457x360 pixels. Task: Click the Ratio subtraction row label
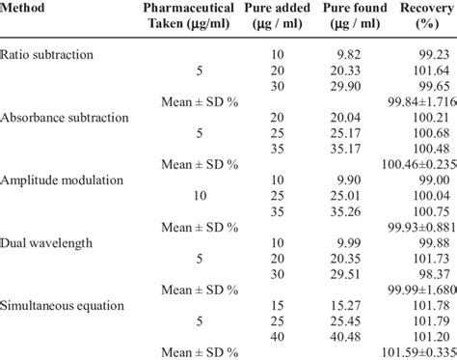pos(44,56)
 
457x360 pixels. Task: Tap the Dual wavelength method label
pos(46,242)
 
